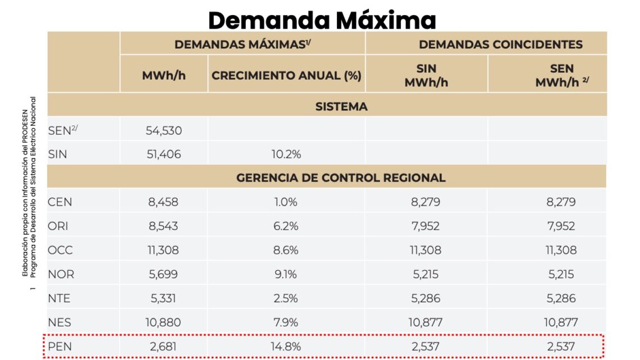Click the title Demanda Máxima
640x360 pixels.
click(x=322, y=20)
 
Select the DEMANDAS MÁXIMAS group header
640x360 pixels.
click(x=243, y=44)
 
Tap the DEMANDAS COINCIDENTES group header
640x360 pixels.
click(x=501, y=44)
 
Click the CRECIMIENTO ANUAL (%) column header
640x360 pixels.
click(x=286, y=76)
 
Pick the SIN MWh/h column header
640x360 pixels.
click(x=426, y=75)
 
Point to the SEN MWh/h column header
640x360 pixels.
click(x=561, y=75)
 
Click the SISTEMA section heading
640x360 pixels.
click(x=341, y=106)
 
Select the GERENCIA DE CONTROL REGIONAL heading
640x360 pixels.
click(x=341, y=177)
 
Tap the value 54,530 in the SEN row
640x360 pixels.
click(x=163, y=131)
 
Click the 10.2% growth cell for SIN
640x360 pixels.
click(x=286, y=154)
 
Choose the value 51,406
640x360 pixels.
click(x=163, y=154)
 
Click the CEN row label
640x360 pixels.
click(x=60, y=202)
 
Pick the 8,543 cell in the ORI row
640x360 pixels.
click(x=163, y=226)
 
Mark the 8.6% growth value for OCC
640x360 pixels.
click(x=286, y=250)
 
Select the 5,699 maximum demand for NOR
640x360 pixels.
click(x=163, y=275)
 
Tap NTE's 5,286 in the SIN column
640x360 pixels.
click(x=426, y=298)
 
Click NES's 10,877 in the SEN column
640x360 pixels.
click(x=561, y=322)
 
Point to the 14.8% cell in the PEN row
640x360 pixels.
click(x=286, y=347)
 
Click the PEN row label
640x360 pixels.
click(x=60, y=347)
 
